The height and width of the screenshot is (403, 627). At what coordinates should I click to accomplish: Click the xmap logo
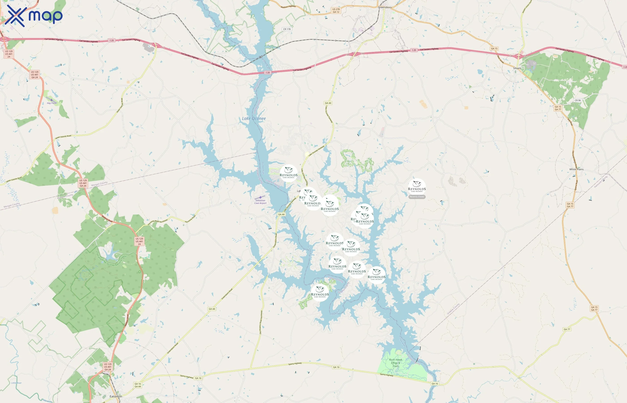point(34,16)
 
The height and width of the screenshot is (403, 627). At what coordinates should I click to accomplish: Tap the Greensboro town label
point(385,7)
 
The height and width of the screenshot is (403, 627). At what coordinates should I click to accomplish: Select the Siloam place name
point(517,68)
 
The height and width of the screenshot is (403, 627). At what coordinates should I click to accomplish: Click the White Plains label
point(576,169)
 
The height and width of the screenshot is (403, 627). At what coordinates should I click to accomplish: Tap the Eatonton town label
point(116,396)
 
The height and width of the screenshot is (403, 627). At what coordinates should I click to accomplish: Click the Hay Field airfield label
point(52,103)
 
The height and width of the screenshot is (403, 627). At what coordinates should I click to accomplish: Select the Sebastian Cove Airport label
point(260,202)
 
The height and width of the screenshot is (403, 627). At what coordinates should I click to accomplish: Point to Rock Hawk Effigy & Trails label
point(395,363)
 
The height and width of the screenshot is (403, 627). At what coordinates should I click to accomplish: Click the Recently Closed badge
point(417,197)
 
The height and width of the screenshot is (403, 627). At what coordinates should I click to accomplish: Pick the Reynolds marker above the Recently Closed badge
point(417,186)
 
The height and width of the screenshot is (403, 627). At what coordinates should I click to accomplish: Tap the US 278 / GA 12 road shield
point(336,11)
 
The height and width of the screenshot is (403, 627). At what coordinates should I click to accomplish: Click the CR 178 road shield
point(287,29)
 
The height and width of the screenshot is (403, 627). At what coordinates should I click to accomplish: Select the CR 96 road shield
point(578,101)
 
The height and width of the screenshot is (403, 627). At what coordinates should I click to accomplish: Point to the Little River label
point(17,383)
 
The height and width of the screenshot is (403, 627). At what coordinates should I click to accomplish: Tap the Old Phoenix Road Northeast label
point(261,322)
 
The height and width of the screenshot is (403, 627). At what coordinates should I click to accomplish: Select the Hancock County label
point(601,182)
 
